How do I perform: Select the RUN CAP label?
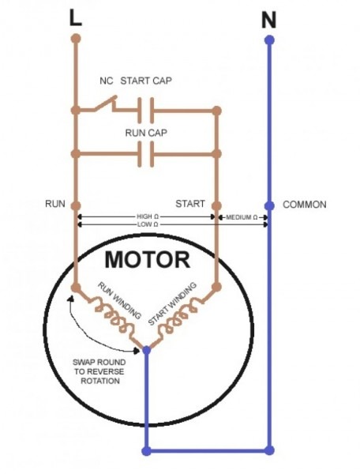146,134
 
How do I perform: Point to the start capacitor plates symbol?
145,110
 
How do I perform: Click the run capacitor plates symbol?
145,155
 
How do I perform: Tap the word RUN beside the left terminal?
54,204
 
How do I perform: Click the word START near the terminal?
190,204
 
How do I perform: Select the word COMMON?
304,205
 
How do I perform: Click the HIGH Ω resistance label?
146,216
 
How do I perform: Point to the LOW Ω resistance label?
146,225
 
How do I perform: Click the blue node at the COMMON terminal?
269,205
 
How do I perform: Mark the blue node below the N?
269,39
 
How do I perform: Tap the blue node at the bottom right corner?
269,450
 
